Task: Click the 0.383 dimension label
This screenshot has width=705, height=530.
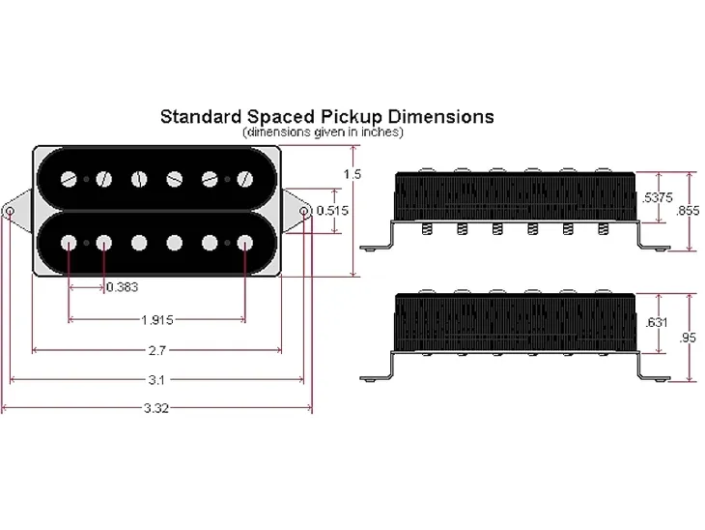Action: [123, 287]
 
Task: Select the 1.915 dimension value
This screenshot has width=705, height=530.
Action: [156, 320]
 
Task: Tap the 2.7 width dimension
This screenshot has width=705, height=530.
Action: [156, 350]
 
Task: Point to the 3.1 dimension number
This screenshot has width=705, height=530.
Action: [156, 380]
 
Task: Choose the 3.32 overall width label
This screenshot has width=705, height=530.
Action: [156, 408]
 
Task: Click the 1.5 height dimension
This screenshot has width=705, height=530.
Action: [352, 174]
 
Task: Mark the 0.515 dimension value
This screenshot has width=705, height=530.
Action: [332, 210]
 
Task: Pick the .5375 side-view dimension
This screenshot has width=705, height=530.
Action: [657, 197]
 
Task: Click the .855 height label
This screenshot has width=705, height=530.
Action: [688, 210]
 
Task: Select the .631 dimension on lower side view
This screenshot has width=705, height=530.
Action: [657, 322]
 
